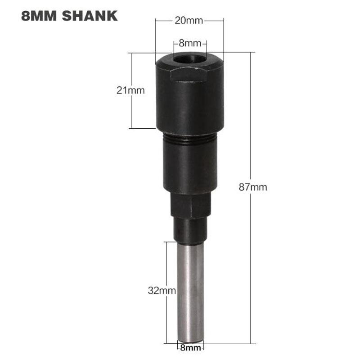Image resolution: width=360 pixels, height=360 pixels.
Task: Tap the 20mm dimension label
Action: [189, 21]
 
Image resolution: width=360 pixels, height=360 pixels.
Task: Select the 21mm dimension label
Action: [130, 90]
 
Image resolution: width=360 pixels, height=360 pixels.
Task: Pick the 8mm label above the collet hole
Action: [189, 44]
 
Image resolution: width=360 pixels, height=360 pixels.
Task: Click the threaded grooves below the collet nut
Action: [189, 140]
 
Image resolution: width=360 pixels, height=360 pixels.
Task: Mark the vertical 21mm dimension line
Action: [132, 112]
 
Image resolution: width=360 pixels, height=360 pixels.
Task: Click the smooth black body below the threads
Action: [189, 166]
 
